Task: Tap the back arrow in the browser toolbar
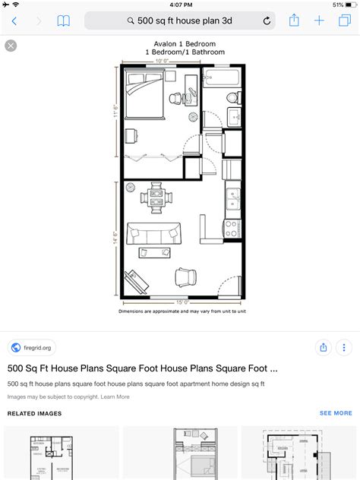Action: click(x=14, y=21)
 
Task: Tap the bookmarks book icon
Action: click(x=63, y=21)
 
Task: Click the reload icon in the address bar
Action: click(x=267, y=21)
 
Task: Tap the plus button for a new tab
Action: click(x=320, y=21)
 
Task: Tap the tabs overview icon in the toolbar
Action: click(x=345, y=21)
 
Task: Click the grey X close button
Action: click(x=11, y=46)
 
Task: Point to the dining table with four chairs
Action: click(x=156, y=197)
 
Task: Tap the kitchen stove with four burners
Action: click(x=232, y=226)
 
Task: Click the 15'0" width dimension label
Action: click(x=182, y=302)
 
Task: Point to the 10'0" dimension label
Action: click(x=162, y=60)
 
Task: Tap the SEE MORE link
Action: click(x=336, y=413)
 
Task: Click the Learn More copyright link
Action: click(x=115, y=396)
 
